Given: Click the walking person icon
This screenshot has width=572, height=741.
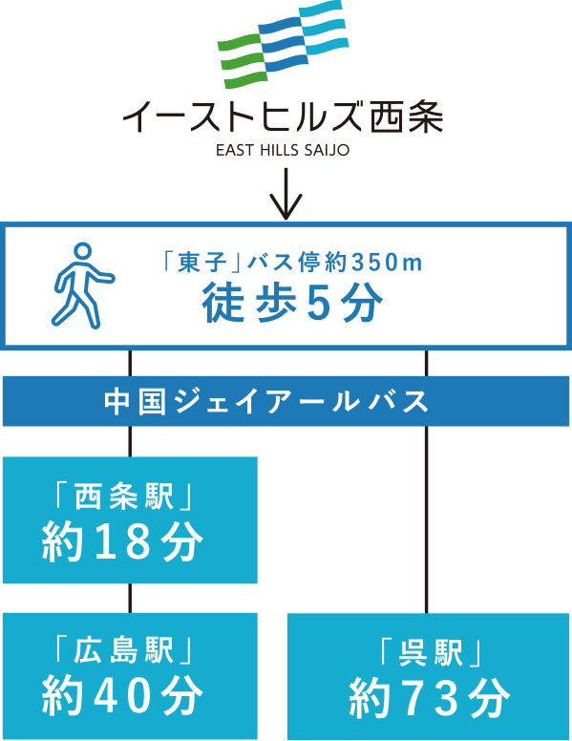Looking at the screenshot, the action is [80, 286].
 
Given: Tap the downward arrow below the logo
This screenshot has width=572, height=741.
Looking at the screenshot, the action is [286, 194].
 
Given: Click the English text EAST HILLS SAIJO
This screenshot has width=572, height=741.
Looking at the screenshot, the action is [283, 150].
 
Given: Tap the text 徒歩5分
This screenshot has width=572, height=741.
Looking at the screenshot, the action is [292, 304].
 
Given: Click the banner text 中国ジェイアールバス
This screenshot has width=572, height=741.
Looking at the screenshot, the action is [266, 402].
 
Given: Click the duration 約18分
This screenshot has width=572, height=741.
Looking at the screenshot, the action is [123, 541].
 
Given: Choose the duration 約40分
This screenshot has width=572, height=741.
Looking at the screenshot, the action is [123, 696].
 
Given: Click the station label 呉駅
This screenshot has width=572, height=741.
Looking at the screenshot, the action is [430, 653].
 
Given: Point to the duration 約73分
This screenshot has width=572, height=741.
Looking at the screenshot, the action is [430, 698].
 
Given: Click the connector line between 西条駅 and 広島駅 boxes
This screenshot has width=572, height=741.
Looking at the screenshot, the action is [131, 599].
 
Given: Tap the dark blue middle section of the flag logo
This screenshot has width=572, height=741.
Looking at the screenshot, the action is [284, 45].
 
